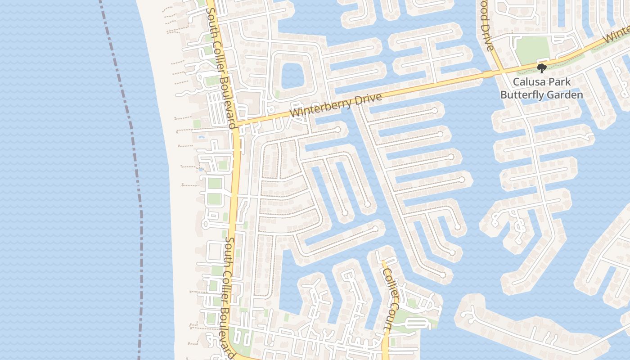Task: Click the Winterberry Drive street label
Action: click(335, 105)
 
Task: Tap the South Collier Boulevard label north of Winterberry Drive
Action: click(220, 67)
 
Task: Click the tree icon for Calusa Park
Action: click(541, 68)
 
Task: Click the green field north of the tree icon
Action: click(532, 49)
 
